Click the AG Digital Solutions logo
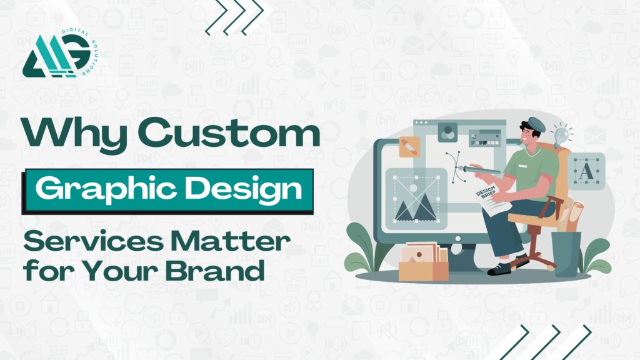click(x=61, y=54)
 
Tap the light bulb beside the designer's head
click(x=561, y=134)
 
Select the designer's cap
click(x=536, y=124)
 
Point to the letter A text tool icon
click(x=586, y=171)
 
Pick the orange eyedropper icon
click(x=409, y=147)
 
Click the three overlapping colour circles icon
click(x=447, y=132)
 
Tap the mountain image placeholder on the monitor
click(x=416, y=199)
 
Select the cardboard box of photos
click(x=423, y=262)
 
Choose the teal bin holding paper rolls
click(x=566, y=254)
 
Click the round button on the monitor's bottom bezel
click(x=458, y=239)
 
